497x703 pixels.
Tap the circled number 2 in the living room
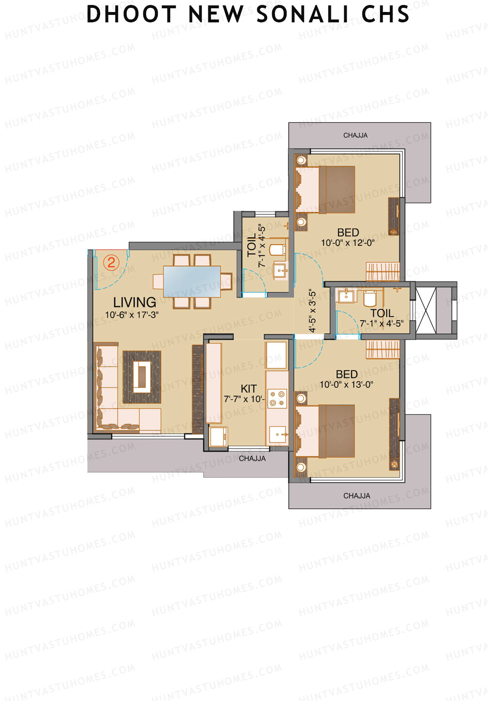click(111, 263)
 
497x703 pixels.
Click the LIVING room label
click(135, 302)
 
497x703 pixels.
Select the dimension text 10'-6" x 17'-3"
click(132, 315)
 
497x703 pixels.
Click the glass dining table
click(192, 281)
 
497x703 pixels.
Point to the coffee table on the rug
click(142, 377)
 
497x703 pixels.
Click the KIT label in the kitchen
click(248, 389)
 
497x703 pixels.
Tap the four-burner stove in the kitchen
click(277, 398)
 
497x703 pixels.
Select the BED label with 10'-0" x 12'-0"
click(348, 232)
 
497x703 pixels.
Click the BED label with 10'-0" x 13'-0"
click(347, 374)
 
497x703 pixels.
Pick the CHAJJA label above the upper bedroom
click(355, 135)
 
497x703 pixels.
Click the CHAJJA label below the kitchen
click(252, 459)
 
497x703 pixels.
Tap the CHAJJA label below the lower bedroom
click(357, 496)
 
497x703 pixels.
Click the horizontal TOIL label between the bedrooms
click(382, 313)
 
